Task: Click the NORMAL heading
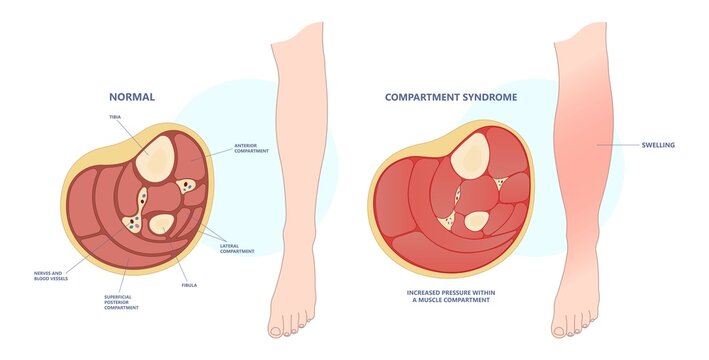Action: tap(132, 97)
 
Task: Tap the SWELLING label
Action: tap(657, 146)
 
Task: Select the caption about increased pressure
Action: tap(450, 296)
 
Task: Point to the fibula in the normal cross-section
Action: tap(161, 226)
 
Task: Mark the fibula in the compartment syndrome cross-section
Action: tap(478, 221)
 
